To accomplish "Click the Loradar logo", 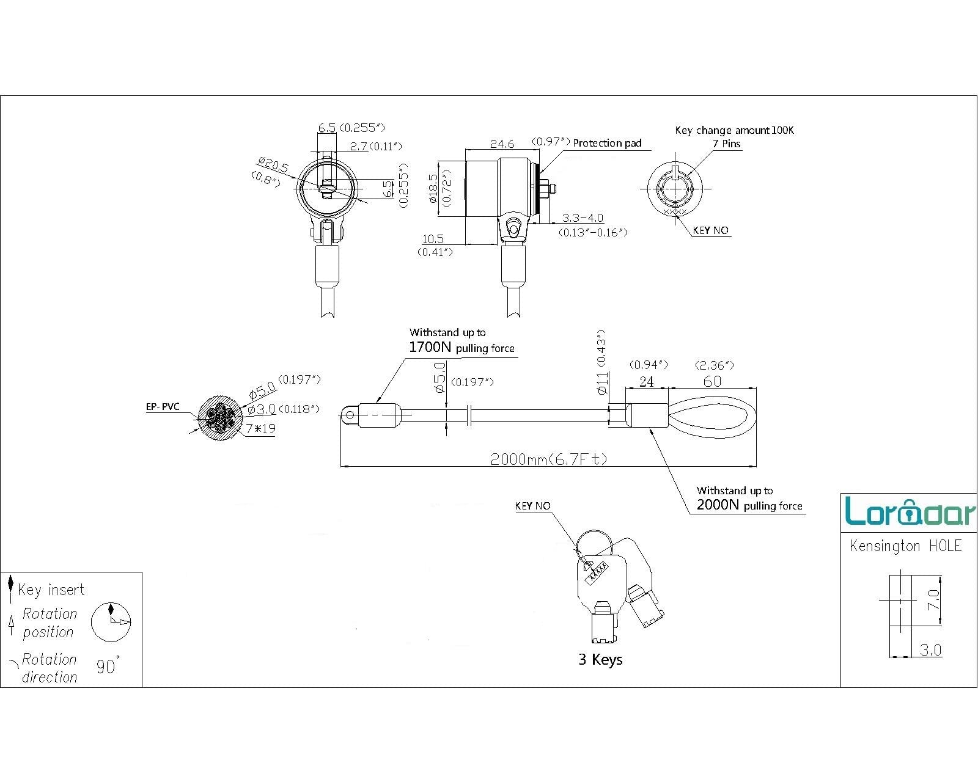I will tap(910, 511).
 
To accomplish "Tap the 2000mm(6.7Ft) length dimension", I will tap(548, 459).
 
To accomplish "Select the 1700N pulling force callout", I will tap(461, 348).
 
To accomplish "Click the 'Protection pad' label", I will tap(607, 143).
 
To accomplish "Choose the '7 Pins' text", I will tap(727, 144).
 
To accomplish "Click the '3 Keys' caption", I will tap(600, 660).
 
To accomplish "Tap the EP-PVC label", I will tap(163, 407).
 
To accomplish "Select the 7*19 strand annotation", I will tap(261, 429).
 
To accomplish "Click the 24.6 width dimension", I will tap(502, 144).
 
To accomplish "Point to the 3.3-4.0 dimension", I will tap(583, 218).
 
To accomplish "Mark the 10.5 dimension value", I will tap(432, 239).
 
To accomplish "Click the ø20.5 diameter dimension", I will tap(273, 164).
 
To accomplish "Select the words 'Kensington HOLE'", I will tap(905, 546).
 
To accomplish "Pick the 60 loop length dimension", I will tap(712, 382).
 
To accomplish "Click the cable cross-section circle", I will tap(221, 418).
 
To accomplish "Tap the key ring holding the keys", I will tap(594, 542).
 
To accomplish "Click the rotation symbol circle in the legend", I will tap(111, 622).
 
